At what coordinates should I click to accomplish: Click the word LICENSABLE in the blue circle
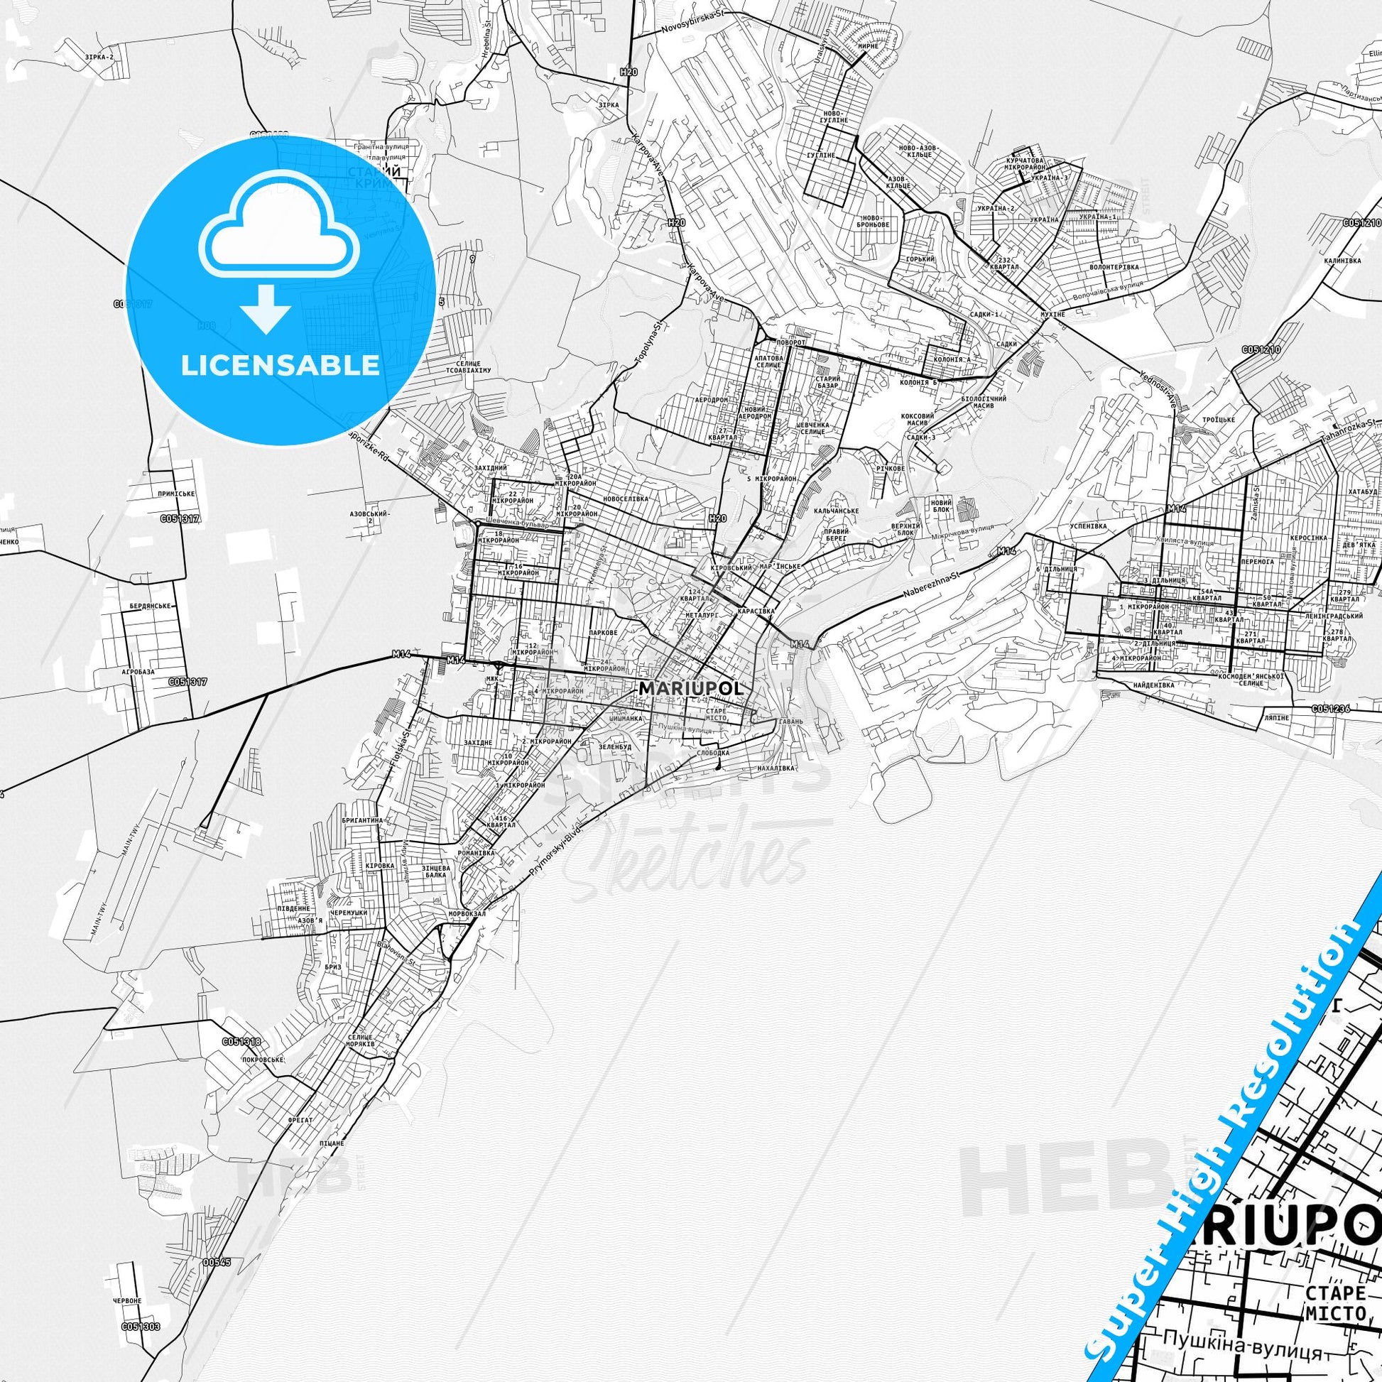click(280, 365)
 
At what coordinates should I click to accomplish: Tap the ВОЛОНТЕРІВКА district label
click(1114, 267)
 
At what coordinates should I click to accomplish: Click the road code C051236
click(1331, 709)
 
